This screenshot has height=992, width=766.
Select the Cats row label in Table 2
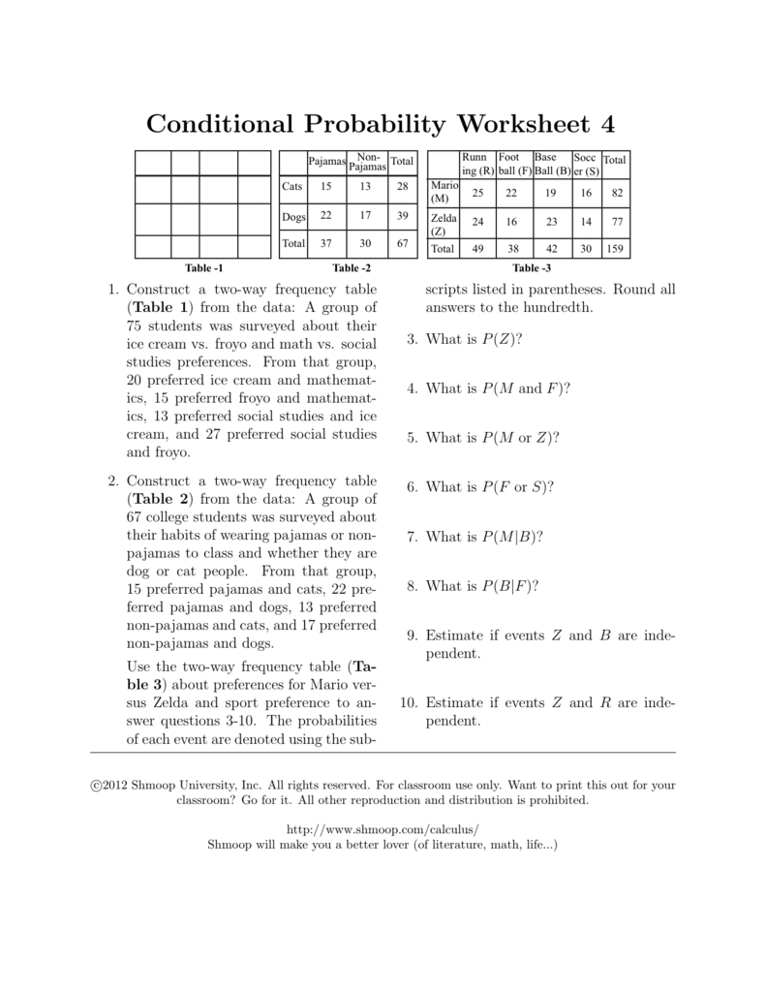click(291, 185)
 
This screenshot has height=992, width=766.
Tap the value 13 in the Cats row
click(365, 185)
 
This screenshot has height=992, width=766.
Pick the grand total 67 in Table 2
click(402, 244)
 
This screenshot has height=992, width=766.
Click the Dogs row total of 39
click(402, 215)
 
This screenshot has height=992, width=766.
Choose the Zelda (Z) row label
click(442, 225)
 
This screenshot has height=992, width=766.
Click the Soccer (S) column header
click(585, 164)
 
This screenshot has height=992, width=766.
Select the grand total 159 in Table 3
click(614, 248)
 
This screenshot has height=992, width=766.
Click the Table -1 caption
click(203, 268)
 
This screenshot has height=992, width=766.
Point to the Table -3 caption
click(532, 268)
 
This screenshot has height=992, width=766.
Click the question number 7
click(412, 536)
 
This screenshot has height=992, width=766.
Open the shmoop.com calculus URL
click(383, 830)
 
